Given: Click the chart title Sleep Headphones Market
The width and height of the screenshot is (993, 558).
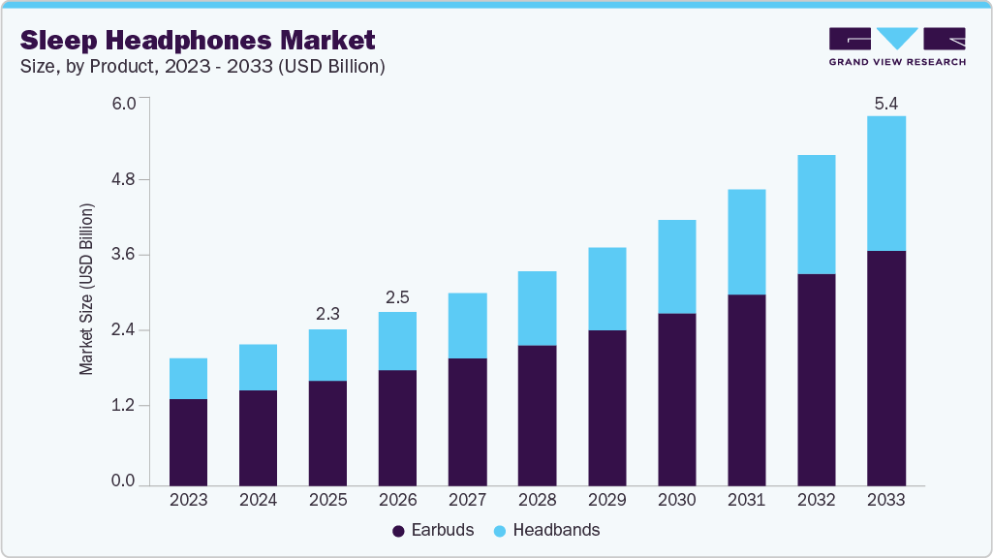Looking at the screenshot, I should pyautogui.click(x=198, y=41).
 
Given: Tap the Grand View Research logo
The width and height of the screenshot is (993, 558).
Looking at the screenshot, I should pyautogui.click(x=896, y=46).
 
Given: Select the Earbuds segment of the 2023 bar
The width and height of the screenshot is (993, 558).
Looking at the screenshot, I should pyautogui.click(x=188, y=442).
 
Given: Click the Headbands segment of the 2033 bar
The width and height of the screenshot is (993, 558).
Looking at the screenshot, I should pyautogui.click(x=885, y=183).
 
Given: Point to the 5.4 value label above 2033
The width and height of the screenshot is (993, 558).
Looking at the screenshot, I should pyautogui.click(x=885, y=103).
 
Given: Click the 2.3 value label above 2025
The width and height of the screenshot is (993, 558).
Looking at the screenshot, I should pyautogui.click(x=327, y=314).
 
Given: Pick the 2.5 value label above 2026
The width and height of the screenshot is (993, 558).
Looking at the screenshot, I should pyautogui.click(x=397, y=296).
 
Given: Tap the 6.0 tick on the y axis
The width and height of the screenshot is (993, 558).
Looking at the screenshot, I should pyautogui.click(x=123, y=104).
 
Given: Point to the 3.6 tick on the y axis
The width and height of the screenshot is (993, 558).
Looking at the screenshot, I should pyautogui.click(x=123, y=255).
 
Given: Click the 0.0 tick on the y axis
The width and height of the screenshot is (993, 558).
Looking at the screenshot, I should pyautogui.click(x=123, y=481).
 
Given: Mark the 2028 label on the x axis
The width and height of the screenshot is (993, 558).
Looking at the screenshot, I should pyautogui.click(x=537, y=501).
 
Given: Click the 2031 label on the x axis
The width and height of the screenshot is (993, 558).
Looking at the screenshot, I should pyautogui.click(x=746, y=501).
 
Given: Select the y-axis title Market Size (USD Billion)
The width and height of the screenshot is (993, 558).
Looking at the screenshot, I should pyautogui.click(x=87, y=290).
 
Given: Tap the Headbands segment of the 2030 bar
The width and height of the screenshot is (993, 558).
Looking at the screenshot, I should pyautogui.click(x=676, y=266).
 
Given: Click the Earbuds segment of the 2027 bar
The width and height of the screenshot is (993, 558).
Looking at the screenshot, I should pyautogui.click(x=467, y=421).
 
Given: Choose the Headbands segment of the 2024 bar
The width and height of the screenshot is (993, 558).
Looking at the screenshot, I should pyautogui.click(x=258, y=367).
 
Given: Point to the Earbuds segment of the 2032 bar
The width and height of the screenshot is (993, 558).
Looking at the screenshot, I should pyautogui.click(x=816, y=380).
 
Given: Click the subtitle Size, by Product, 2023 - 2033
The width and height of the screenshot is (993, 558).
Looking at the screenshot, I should pyautogui.click(x=203, y=67).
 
